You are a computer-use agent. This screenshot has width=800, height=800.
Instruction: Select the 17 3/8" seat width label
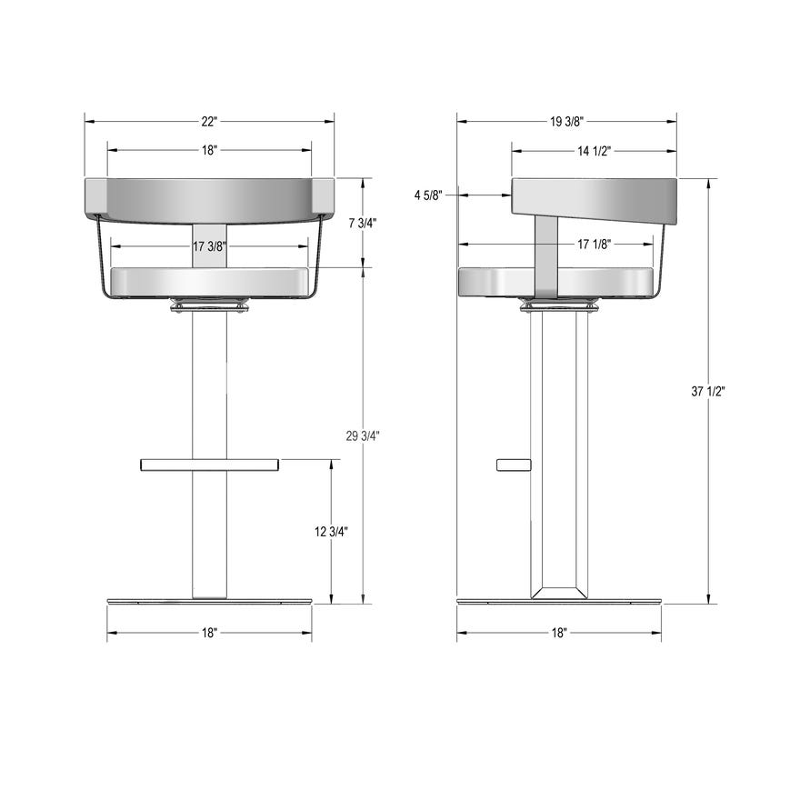209,245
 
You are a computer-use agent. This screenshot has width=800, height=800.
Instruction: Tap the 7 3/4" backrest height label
362,223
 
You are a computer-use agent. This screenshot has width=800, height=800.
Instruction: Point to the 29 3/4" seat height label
362,435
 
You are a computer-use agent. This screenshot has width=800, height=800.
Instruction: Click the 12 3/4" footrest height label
331,532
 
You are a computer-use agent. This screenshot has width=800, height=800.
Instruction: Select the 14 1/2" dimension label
593,151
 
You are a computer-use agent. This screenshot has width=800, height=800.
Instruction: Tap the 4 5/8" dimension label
428,195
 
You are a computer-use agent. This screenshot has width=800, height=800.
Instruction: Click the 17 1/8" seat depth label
593,244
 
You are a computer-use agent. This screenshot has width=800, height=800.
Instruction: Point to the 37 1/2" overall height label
708,391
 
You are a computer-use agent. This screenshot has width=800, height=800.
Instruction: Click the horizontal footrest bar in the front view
209,465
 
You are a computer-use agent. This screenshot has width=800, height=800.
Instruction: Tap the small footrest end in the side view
514,465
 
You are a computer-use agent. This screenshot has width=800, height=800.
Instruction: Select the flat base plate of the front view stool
209,601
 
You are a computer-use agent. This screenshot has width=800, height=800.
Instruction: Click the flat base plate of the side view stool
558,601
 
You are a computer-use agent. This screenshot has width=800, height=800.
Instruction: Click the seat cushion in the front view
209,282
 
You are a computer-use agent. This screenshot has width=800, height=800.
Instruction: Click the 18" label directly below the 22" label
209,151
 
